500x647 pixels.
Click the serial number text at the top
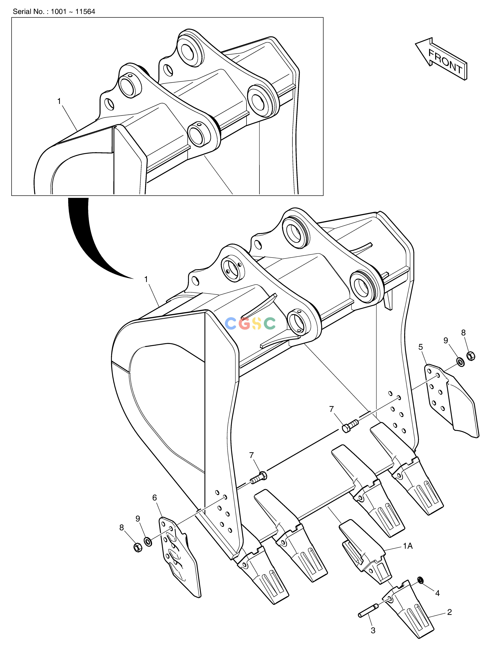pos(54,12)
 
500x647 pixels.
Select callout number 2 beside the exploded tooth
pos(449,612)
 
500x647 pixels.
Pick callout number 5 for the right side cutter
pos(421,347)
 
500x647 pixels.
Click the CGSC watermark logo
pos(250,324)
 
